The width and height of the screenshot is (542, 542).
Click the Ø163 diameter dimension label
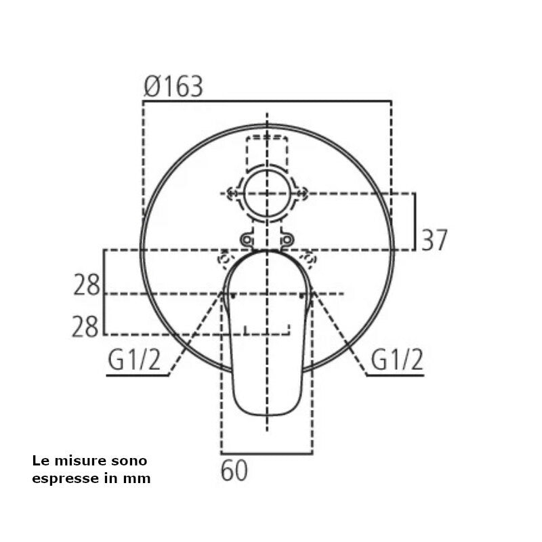173,87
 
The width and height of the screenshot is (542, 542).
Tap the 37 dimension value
434,241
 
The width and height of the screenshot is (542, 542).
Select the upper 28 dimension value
87,285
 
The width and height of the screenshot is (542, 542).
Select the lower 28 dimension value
87,327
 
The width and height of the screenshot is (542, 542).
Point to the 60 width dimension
234,471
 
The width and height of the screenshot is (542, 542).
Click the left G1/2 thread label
134,361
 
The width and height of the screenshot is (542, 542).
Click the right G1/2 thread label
397,361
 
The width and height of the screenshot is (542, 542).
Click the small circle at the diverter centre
268,193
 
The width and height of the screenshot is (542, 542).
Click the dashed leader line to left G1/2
196,332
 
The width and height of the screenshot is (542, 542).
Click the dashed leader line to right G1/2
339,332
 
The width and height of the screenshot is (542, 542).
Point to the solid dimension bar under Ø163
267,102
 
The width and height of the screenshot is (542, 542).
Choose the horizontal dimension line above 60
267,453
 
